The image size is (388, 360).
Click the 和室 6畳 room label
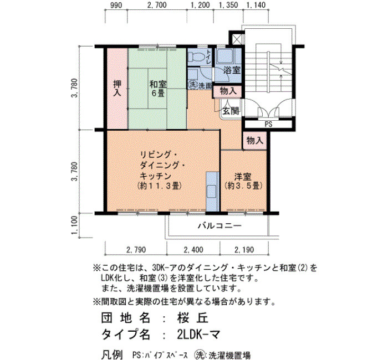[157, 89]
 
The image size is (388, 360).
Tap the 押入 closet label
[117, 88]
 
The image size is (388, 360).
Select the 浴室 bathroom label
[232, 70]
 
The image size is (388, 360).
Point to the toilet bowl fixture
[196, 58]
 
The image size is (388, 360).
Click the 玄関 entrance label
[231, 111]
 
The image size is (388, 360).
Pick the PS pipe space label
[268, 124]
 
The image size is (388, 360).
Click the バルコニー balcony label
[219, 226]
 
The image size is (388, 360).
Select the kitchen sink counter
[212, 192]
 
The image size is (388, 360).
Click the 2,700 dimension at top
[157, 5]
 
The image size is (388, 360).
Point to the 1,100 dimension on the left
[75, 226]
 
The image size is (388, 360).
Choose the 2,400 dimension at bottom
[193, 250]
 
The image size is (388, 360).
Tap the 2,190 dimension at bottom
[244, 250]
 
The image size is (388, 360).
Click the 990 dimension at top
[116, 5]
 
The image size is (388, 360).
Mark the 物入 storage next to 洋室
[254, 141]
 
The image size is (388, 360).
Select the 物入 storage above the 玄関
[228, 91]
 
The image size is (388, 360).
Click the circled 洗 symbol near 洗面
[192, 84]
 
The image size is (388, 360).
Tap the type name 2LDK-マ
[198, 335]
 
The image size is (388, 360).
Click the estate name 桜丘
[192, 318]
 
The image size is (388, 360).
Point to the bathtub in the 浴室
[225, 56]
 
